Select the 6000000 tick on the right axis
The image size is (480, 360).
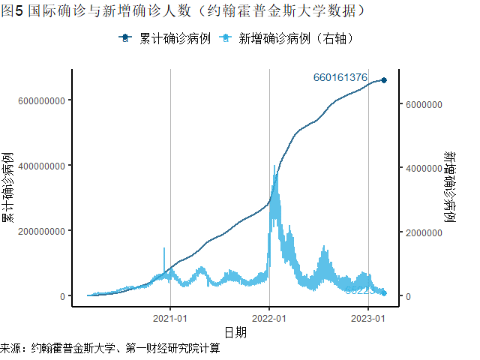[424, 105]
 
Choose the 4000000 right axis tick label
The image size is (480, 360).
[424, 169]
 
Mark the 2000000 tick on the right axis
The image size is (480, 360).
[424, 232]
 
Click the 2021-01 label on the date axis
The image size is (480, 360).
[170, 317]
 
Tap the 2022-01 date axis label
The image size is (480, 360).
[269, 317]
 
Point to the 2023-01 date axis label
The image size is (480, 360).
[368, 317]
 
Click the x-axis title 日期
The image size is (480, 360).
[235, 331]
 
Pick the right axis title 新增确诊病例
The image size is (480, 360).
[450, 187]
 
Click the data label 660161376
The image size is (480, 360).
[340, 77]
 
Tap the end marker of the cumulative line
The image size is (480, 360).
[384, 80]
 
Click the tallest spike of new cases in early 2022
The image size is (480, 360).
[274, 166]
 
